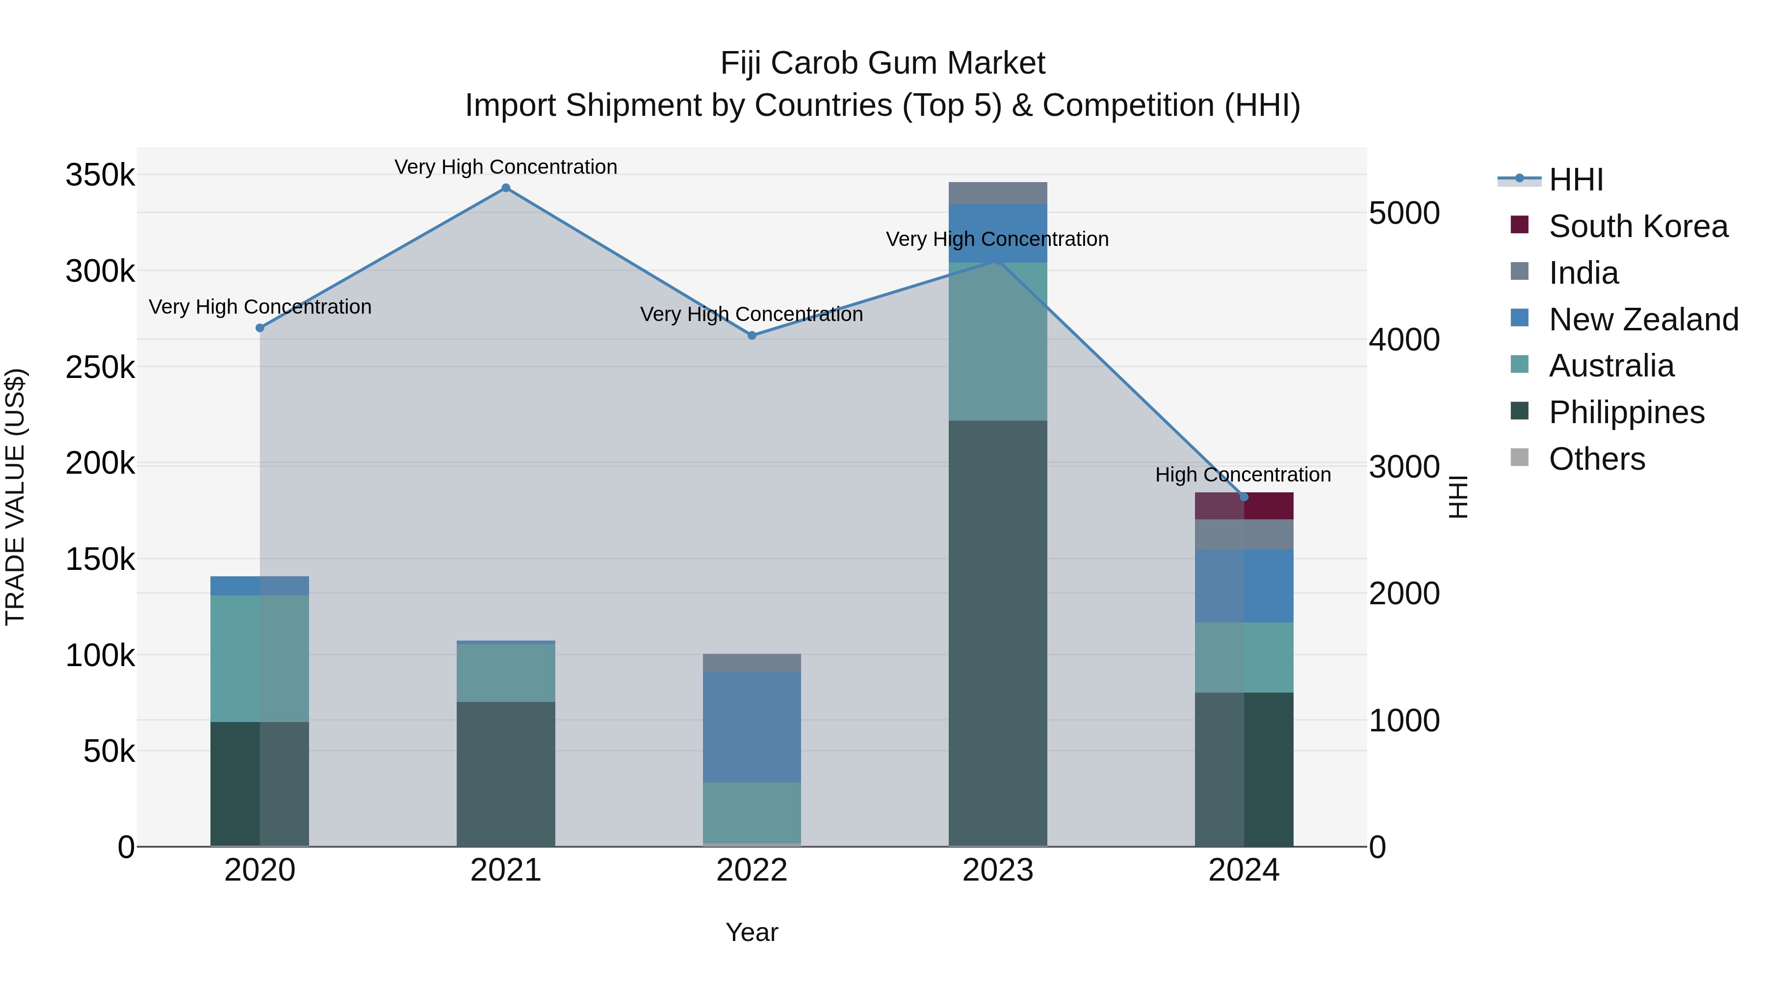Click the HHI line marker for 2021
click(x=505, y=188)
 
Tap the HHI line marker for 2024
click(x=1244, y=497)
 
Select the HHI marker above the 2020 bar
click(x=260, y=328)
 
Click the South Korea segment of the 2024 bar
click(x=1244, y=506)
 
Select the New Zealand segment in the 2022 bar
click(x=752, y=726)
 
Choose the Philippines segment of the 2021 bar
click(x=505, y=773)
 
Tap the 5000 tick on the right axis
click(x=1404, y=214)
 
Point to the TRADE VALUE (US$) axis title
click(x=15, y=497)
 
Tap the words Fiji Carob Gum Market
click(x=883, y=64)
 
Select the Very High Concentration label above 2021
click(x=505, y=167)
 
